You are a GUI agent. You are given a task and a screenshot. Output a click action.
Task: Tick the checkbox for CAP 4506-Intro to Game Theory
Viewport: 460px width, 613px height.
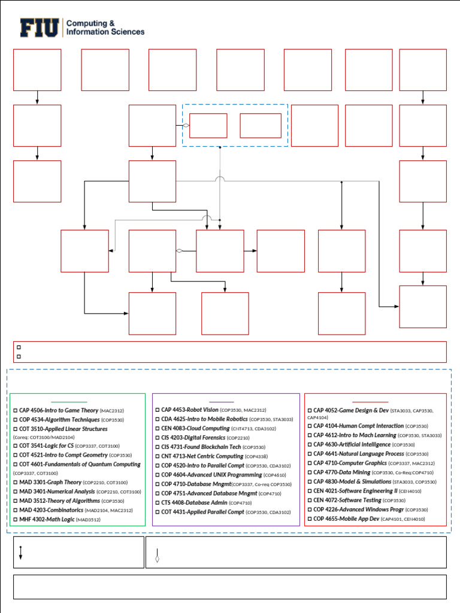pyautogui.click(x=16, y=411)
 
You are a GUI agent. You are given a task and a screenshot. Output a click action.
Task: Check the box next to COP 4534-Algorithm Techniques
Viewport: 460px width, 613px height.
pyautogui.click(x=16, y=420)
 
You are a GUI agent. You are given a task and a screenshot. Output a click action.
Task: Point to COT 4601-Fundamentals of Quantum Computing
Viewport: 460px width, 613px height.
pyautogui.click(x=80, y=465)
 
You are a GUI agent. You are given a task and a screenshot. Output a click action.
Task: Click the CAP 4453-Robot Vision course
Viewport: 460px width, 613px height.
pyautogui.click(x=190, y=410)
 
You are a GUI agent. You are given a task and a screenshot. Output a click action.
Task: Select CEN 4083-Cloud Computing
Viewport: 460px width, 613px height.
pyautogui.click(x=195, y=429)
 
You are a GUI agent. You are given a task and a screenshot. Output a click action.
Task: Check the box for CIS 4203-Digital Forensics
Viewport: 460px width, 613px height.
pyautogui.click(x=158, y=438)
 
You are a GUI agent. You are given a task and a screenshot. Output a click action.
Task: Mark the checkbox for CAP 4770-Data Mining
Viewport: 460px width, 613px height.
pyautogui.click(x=310, y=472)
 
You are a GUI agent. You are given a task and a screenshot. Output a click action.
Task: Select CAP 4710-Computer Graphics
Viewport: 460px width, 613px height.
pyautogui.click(x=358, y=463)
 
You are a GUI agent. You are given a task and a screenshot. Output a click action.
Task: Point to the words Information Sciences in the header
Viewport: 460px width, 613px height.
pyautogui.click(x=105, y=32)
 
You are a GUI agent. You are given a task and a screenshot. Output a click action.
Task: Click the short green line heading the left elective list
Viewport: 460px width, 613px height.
pyautogui.click(x=69, y=402)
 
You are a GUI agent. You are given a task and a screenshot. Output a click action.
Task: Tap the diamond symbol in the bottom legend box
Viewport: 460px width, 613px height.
pyautogui.click(x=158, y=559)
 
